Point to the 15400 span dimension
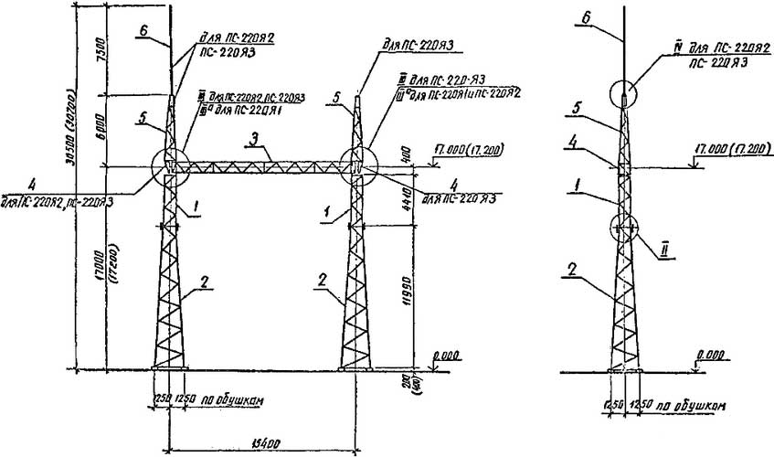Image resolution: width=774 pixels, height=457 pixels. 261,442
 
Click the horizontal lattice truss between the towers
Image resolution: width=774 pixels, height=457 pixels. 262,167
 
